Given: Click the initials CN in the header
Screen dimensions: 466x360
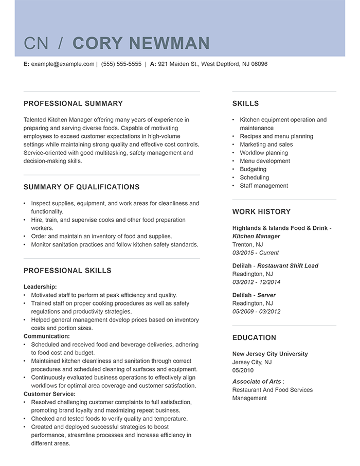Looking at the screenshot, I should [36, 43].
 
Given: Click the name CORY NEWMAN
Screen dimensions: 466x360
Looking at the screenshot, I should [141, 43].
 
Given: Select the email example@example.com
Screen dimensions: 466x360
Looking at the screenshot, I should [62, 64].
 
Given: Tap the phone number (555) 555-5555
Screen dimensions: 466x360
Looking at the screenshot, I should [121, 64].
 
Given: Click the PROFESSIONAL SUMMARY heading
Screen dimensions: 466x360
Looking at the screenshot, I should [73, 103].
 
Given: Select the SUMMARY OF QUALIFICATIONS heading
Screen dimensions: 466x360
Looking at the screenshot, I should [81, 187].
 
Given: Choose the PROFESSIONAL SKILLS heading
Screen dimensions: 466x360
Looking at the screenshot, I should [67, 271].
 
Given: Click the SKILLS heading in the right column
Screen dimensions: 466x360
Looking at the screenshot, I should [245, 103].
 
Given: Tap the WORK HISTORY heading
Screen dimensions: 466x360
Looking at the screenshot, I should [261, 211].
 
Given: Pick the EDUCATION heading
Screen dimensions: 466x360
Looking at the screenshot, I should [254, 337].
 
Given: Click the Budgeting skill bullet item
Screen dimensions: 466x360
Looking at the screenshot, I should [253, 169].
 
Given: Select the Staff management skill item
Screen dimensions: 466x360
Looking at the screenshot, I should [264, 186].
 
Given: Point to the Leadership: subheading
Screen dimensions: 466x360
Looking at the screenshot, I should [40, 286].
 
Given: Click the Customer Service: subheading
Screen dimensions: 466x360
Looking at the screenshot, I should [49, 393].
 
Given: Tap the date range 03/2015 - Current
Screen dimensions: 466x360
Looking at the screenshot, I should [255, 253].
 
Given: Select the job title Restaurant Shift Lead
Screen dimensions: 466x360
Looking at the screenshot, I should [287, 266].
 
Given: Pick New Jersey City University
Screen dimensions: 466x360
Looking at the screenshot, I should [270, 354].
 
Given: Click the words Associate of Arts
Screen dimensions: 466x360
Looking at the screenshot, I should [257, 382].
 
